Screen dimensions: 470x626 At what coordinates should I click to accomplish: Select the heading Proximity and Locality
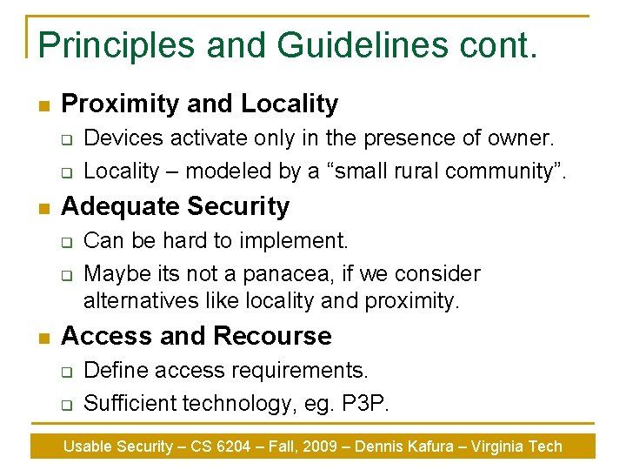tap(200, 104)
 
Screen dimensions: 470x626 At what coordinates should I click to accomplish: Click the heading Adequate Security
tap(176, 206)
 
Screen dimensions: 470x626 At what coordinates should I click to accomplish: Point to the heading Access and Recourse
tap(196, 336)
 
